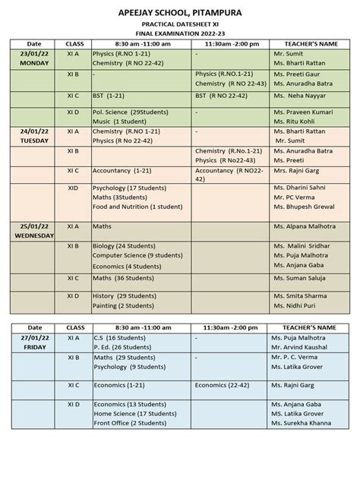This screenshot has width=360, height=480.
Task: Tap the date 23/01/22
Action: (34, 55)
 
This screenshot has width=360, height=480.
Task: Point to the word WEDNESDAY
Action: (34, 236)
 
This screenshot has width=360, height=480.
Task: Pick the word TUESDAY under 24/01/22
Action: (34, 141)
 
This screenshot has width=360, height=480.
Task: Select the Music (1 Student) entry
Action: (121, 121)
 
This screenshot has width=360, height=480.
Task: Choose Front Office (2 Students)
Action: (127, 423)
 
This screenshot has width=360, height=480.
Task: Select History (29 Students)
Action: (125, 295)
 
